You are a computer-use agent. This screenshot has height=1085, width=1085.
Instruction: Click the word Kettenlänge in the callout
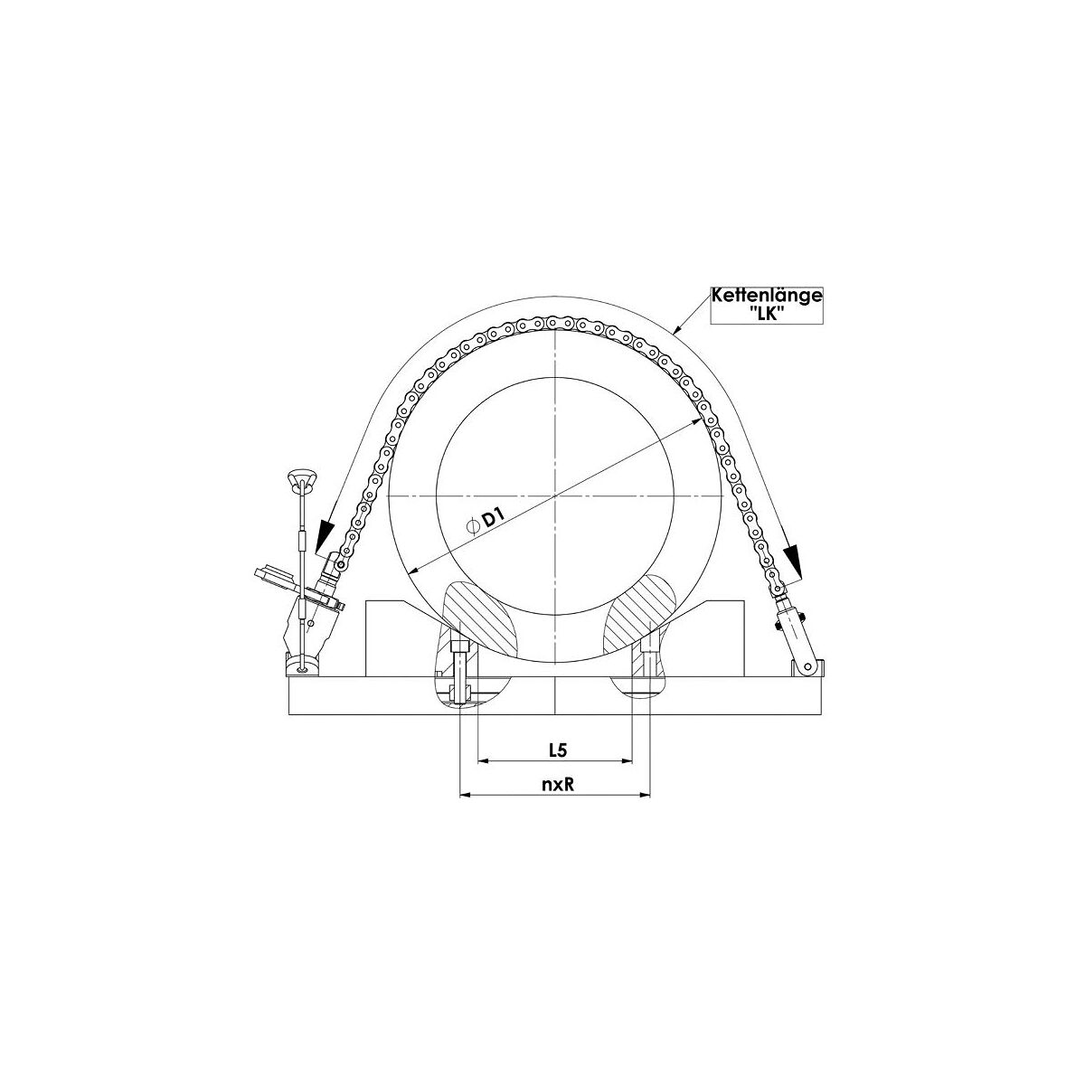tap(767, 297)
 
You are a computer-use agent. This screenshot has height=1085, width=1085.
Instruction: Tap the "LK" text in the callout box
tap(767, 314)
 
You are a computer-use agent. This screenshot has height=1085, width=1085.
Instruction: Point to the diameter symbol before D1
tap(473, 526)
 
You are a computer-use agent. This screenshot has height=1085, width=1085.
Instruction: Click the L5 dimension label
tap(558, 750)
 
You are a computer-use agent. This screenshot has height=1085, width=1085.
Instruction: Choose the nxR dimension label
tap(558, 785)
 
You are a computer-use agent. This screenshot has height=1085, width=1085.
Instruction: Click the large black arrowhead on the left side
tap(325, 535)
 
